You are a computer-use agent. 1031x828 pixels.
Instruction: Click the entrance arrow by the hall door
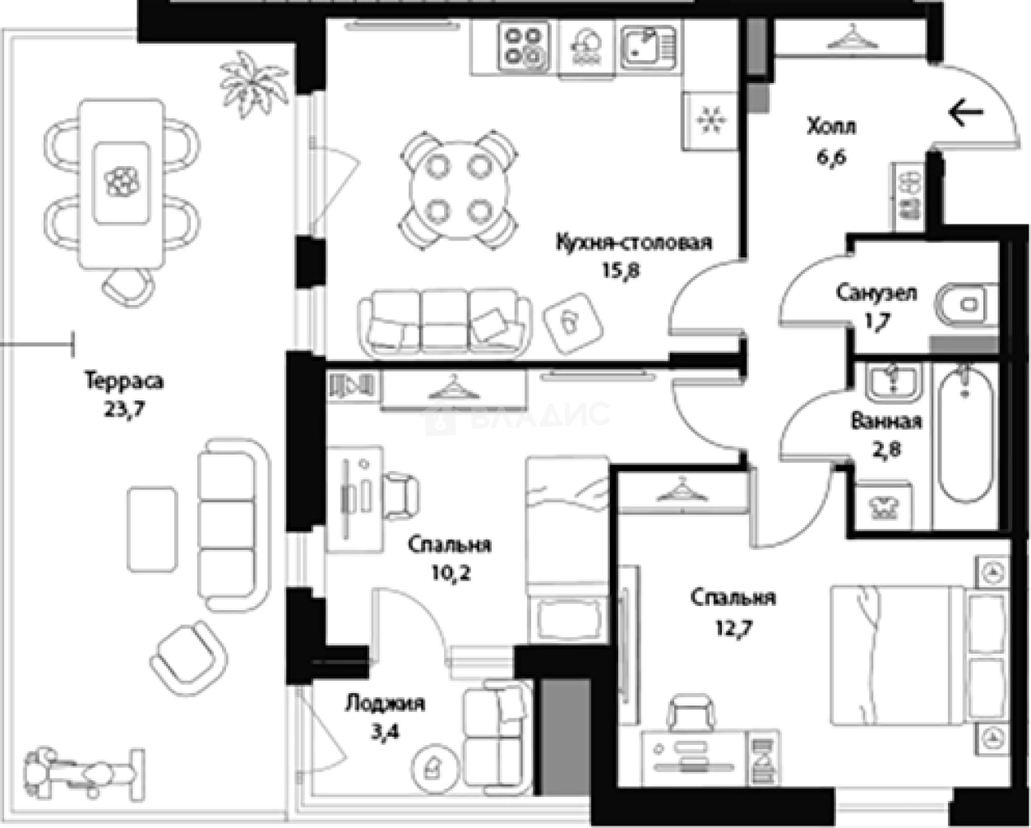point(966,113)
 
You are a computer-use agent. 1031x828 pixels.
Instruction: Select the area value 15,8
point(621,271)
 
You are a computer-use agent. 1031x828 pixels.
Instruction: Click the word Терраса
point(125,381)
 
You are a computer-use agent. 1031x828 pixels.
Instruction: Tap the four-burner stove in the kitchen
point(524,47)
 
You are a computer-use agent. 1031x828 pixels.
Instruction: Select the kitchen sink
point(649,47)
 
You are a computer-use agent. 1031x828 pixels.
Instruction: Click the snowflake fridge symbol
point(711,120)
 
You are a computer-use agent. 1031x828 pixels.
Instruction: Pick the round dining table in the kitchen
point(459,190)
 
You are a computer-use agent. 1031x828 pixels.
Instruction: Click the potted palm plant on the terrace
point(253,85)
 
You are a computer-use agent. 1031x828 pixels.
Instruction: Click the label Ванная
point(886,422)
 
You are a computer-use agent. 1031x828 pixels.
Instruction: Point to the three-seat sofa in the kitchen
point(445,323)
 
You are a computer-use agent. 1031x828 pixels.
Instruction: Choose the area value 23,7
point(124,409)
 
